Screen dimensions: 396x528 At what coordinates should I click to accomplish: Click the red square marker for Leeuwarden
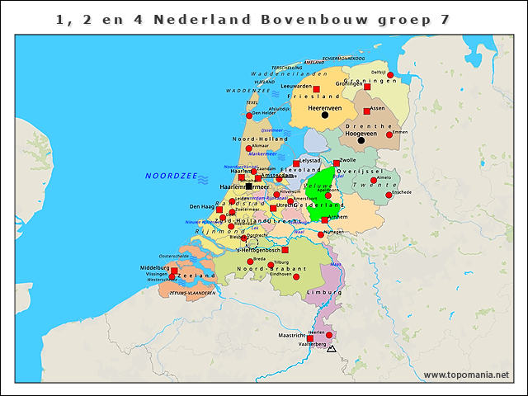[316, 89]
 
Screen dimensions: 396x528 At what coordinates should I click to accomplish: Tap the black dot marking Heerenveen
[325, 115]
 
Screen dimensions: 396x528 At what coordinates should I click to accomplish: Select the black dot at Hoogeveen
[361, 140]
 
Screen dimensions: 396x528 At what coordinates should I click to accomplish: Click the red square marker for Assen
[367, 111]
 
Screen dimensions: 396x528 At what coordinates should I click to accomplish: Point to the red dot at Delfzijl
[390, 75]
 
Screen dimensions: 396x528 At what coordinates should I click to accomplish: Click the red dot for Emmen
[389, 134]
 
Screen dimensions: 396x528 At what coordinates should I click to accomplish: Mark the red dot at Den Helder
[249, 115]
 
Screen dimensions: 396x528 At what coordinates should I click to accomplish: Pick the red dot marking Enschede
[389, 195]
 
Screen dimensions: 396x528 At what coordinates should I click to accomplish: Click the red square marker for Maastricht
[310, 337]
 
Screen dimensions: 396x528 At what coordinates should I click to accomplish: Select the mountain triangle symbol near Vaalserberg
[332, 350]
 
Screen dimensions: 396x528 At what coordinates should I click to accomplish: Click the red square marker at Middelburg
[174, 269]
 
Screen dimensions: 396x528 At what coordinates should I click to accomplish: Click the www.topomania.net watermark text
[466, 375]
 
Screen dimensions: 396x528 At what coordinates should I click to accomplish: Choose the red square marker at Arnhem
[325, 220]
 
